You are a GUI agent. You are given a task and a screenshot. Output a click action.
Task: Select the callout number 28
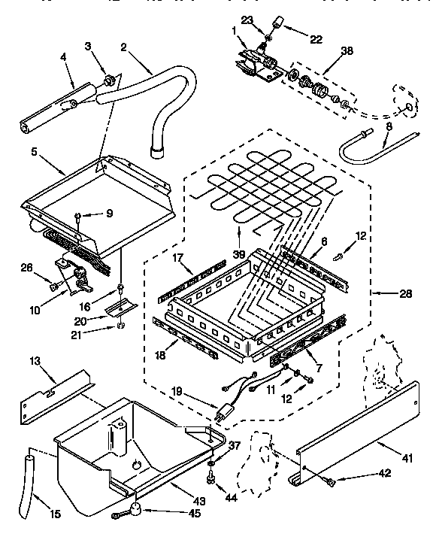pyautogui.click(x=406, y=293)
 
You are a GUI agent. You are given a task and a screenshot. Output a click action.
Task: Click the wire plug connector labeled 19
pyautogui.click(x=223, y=413)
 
